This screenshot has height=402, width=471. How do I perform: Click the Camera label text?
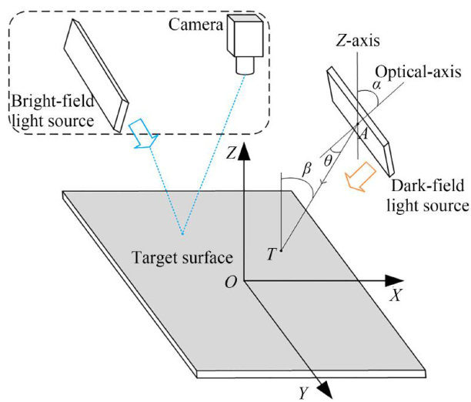pyautogui.click(x=195, y=25)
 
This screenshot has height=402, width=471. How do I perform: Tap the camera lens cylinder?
pyautogui.click(x=245, y=65)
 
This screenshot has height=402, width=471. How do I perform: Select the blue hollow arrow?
pyautogui.click(x=142, y=134)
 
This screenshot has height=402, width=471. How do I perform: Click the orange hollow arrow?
pyautogui.click(x=360, y=177)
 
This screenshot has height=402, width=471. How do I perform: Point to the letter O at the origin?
pyautogui.click(x=231, y=283)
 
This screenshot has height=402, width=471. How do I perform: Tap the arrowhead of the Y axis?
pyautogui.click(x=324, y=389)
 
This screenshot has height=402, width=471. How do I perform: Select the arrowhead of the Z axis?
pyautogui.click(x=244, y=152)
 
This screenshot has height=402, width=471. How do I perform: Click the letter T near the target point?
pyautogui.click(x=271, y=254)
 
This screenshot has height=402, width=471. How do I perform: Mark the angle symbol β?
pyautogui.click(x=306, y=169)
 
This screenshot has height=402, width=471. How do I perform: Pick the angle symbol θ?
pyautogui.click(x=328, y=161)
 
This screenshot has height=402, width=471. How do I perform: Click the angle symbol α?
pyautogui.click(x=376, y=85)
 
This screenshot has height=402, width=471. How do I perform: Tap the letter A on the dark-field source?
pyautogui.click(x=364, y=133)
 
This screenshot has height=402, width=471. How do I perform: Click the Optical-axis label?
pyautogui.click(x=418, y=72)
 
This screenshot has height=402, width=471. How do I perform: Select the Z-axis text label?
pyautogui.click(x=358, y=41)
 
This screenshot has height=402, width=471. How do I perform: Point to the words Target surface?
pyautogui.click(x=182, y=258)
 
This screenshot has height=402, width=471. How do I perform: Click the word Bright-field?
pyautogui.click(x=53, y=101)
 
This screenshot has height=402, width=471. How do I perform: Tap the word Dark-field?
pyautogui.click(x=427, y=186)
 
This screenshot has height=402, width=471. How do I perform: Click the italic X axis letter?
pyautogui.click(x=396, y=296)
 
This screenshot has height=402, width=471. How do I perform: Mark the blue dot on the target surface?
pyautogui.click(x=182, y=233)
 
